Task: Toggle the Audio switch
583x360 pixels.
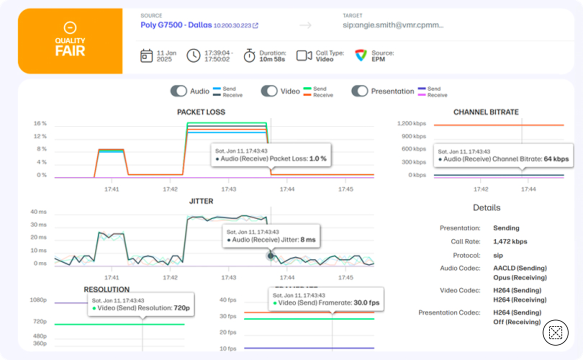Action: [x=178, y=91]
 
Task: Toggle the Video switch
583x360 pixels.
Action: [x=269, y=91]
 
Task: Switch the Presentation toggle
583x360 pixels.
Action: [x=359, y=91]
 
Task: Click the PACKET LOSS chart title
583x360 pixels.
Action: [x=201, y=112]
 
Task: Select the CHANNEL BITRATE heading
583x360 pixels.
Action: [x=485, y=112]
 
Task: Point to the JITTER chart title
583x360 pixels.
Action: [x=201, y=201]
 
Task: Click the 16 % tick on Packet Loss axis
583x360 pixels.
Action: [x=40, y=123]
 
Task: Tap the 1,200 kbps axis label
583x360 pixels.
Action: [x=411, y=123]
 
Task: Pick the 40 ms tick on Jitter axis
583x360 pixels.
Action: [x=38, y=211]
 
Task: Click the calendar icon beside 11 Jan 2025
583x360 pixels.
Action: [x=146, y=55]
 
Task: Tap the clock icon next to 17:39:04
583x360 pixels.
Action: [x=193, y=55]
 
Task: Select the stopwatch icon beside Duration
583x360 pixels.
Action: [x=249, y=55]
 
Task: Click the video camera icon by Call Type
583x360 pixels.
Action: [x=304, y=55]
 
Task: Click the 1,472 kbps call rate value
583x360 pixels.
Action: [x=510, y=241]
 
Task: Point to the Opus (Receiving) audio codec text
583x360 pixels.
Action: [x=519, y=277]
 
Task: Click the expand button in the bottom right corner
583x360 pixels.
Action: [x=555, y=332]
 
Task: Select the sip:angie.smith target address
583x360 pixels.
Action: [x=393, y=25]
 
